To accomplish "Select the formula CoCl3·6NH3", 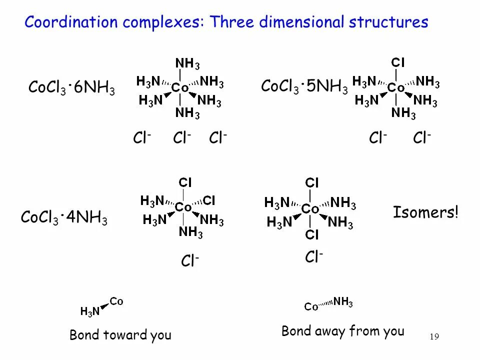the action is pos(71,88).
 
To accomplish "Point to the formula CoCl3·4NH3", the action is pos(64,218).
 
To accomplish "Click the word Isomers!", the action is pos(425,212).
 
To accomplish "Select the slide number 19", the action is pos(434,337).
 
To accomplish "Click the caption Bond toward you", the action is pos(120,335).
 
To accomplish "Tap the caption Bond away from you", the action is pos(343,331).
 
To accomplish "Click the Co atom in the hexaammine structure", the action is pos(180,88).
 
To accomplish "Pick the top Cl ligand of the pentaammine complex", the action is pos(398,62).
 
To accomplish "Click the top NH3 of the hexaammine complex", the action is pos(187,63).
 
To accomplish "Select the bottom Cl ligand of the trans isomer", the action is pos(312,234).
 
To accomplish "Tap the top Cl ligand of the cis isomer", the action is pos(185,182).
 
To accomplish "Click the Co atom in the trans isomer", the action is pos(310,208).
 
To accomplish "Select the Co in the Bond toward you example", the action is pos(116,301).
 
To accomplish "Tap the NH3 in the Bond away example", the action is pos(343,301).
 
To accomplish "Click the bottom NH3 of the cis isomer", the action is pos(190,232).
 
